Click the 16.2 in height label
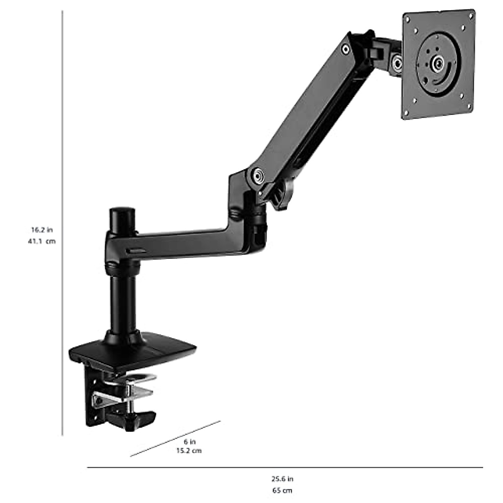click(41, 230)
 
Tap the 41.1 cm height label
click(41, 241)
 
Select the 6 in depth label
click(189, 441)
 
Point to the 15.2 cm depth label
click(189, 451)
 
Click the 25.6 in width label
click(282, 479)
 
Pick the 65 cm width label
click(282, 490)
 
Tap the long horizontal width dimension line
click(285, 467)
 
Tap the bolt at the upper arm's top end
click(345, 49)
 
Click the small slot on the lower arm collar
click(136, 251)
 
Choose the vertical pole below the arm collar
click(123, 302)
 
